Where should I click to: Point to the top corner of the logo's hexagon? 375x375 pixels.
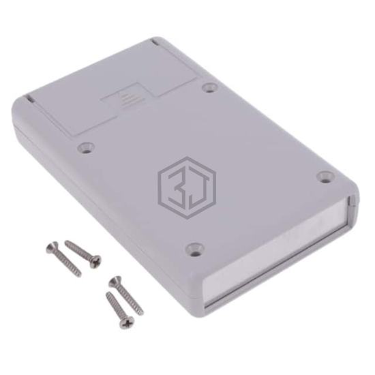[188, 157]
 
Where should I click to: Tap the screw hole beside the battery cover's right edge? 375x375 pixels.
[210, 87]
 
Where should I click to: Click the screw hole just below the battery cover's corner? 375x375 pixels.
[85, 147]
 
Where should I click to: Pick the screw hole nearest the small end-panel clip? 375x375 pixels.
[325, 177]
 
